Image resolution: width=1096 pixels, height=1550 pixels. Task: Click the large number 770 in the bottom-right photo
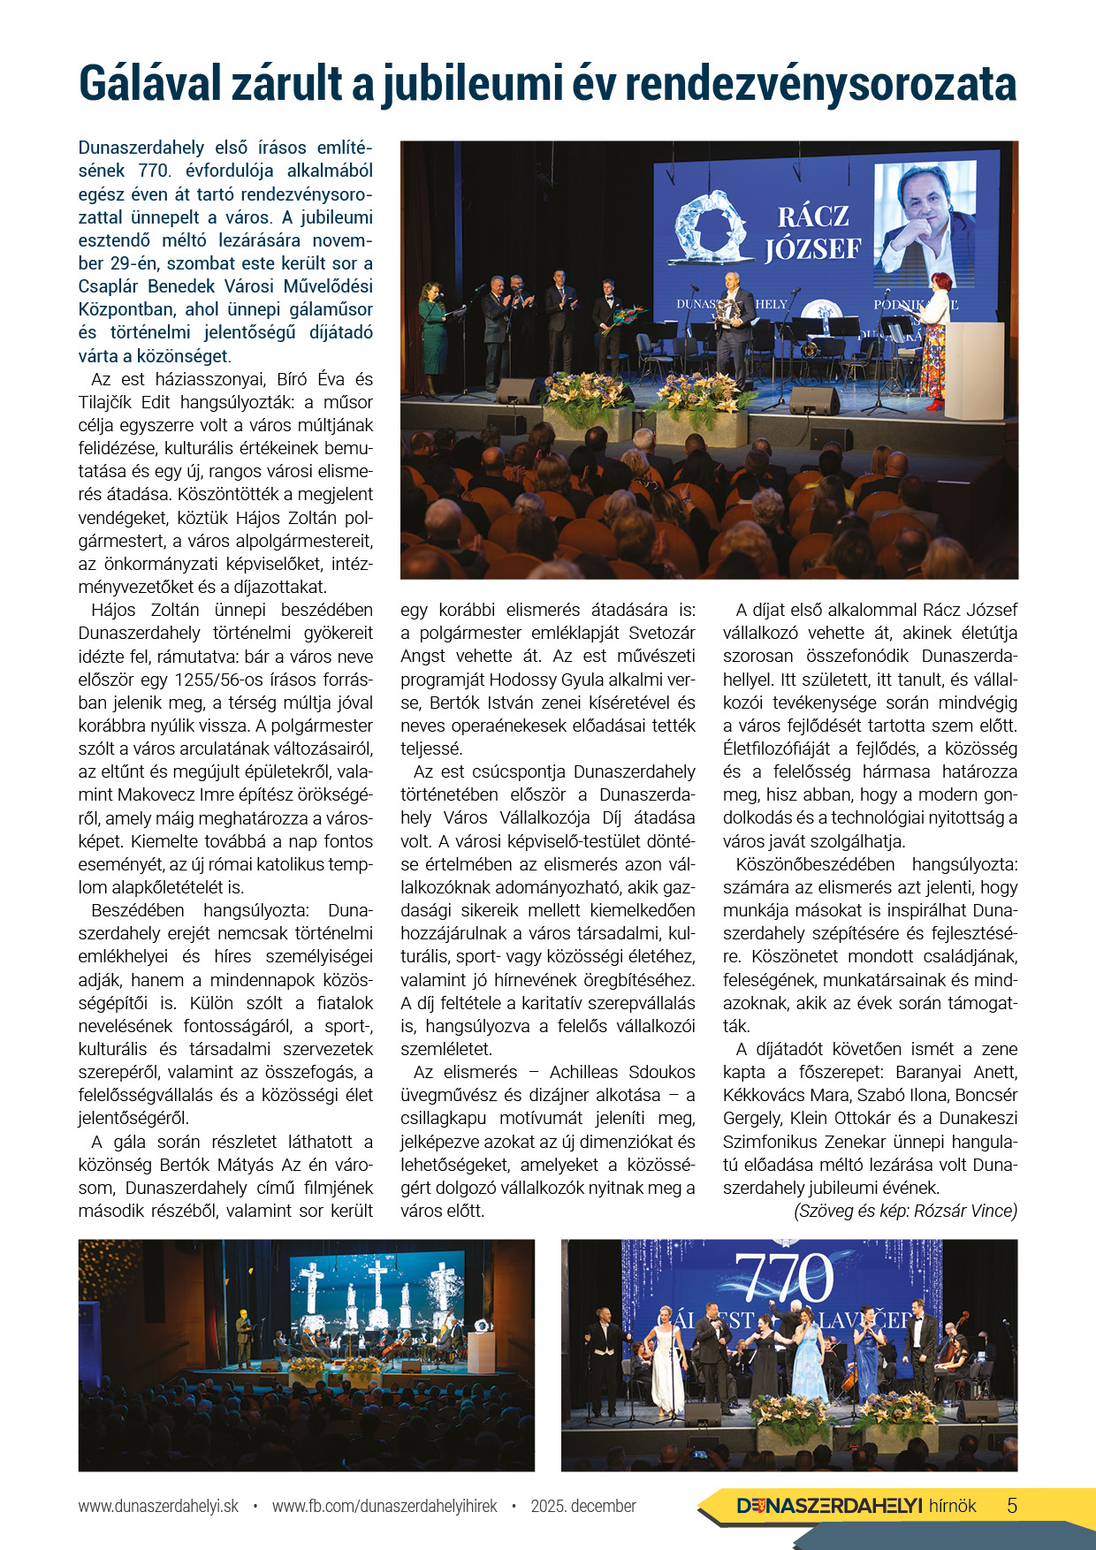pyautogui.click(x=783, y=1279)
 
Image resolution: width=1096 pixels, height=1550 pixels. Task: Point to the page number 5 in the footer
pyautogui.click(x=1012, y=1506)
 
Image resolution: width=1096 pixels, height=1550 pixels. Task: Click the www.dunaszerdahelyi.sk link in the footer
pyautogui.click(x=158, y=1506)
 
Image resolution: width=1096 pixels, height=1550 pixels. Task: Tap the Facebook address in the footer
pyautogui.click(x=384, y=1506)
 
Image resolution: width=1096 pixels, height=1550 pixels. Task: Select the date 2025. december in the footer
pyautogui.click(x=583, y=1506)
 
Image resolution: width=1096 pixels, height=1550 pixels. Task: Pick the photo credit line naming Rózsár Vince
pyautogui.click(x=905, y=1211)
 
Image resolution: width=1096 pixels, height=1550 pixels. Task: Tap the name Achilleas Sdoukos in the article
pyautogui.click(x=622, y=1072)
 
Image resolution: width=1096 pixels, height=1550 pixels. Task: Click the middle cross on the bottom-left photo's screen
pyautogui.click(x=377, y=1287)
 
